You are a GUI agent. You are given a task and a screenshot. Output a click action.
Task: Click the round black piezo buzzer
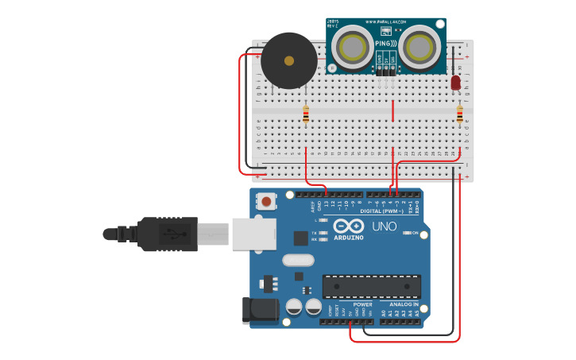coord(289,61)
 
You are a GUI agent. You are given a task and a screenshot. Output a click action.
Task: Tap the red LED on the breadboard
coord(455,83)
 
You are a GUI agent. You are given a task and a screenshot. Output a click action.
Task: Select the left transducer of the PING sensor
coord(354,48)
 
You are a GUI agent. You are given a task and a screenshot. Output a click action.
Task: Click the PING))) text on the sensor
coord(386,43)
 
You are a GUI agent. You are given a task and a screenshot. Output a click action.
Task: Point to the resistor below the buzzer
coord(306,115)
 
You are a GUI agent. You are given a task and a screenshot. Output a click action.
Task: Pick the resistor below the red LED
coord(459,115)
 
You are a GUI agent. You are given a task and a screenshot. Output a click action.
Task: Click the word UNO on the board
coord(384,226)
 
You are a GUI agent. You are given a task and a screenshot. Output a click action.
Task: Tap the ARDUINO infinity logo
coord(348,226)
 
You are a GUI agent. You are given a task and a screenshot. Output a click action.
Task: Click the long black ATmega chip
coord(371,287)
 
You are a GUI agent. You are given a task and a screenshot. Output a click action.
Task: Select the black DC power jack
coord(260,311)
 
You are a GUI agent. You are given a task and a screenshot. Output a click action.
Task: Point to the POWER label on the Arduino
coord(362,304)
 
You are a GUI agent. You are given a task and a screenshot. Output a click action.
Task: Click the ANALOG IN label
coord(404,304)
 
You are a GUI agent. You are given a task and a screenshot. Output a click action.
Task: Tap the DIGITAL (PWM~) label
coord(381,211)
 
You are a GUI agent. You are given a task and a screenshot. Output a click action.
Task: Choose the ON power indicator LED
coord(408,233)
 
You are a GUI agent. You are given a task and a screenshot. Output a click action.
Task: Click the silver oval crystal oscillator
coord(298,260)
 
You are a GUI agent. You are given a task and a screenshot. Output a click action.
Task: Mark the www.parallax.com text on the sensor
coord(386,22)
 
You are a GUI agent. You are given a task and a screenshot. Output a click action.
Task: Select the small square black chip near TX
coord(300,238)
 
